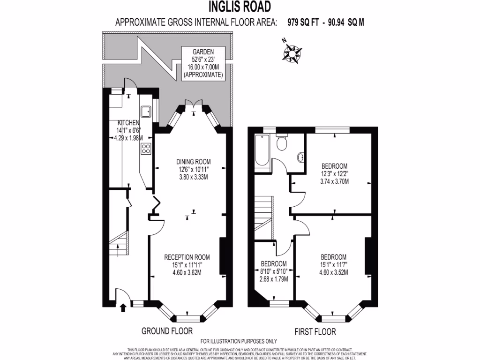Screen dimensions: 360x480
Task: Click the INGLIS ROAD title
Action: pos(240,7)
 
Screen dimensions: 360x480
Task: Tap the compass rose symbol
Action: pos(292,52)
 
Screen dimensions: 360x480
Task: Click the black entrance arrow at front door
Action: pos(123,308)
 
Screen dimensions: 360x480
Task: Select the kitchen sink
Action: pos(146,111)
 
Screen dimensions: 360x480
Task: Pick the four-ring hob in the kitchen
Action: pos(146,149)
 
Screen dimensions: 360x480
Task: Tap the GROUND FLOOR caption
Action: pos(167,331)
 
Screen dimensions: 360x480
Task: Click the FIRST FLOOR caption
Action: pos(315,332)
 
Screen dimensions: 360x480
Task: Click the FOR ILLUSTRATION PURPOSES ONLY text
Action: pos(239,341)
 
